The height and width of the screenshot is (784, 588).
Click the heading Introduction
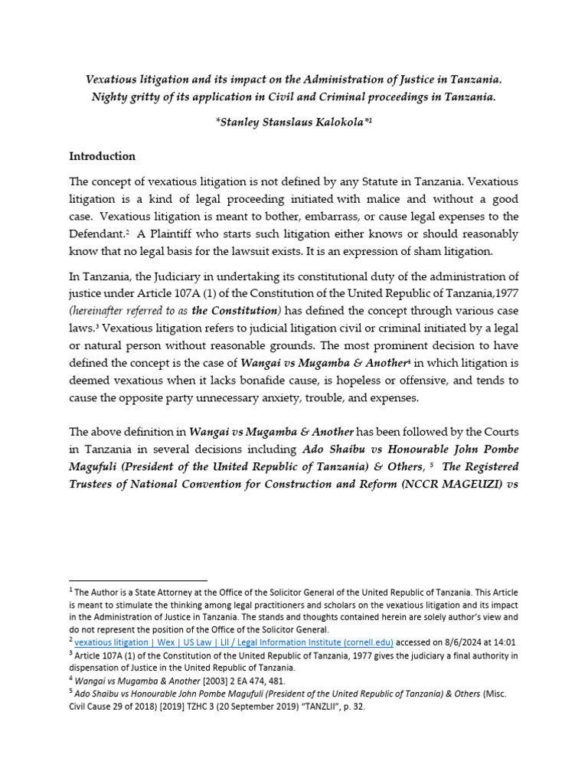[103, 156]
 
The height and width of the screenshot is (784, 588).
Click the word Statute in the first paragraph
[364, 181]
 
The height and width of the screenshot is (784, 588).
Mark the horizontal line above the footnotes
[139, 581]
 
